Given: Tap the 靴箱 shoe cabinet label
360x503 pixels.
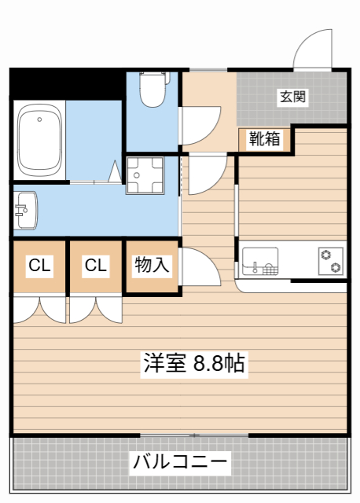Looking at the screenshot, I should tap(264, 139).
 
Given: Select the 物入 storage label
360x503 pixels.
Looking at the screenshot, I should tap(152, 265).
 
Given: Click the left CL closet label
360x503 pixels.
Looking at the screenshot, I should tap(39, 266).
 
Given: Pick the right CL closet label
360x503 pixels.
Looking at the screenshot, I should tap(96, 266).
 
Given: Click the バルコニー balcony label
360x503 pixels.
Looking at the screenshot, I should tap(180, 461).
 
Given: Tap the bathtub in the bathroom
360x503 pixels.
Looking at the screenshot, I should tap(39, 141).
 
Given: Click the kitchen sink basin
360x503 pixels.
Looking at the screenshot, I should tap(259, 261).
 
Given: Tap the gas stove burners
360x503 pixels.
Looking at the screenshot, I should tap(330, 261).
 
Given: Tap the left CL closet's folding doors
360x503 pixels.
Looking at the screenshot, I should tap(39, 308).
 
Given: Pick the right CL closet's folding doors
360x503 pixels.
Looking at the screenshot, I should tap(96, 308).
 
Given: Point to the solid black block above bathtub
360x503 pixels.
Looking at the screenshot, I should tap(67, 83).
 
